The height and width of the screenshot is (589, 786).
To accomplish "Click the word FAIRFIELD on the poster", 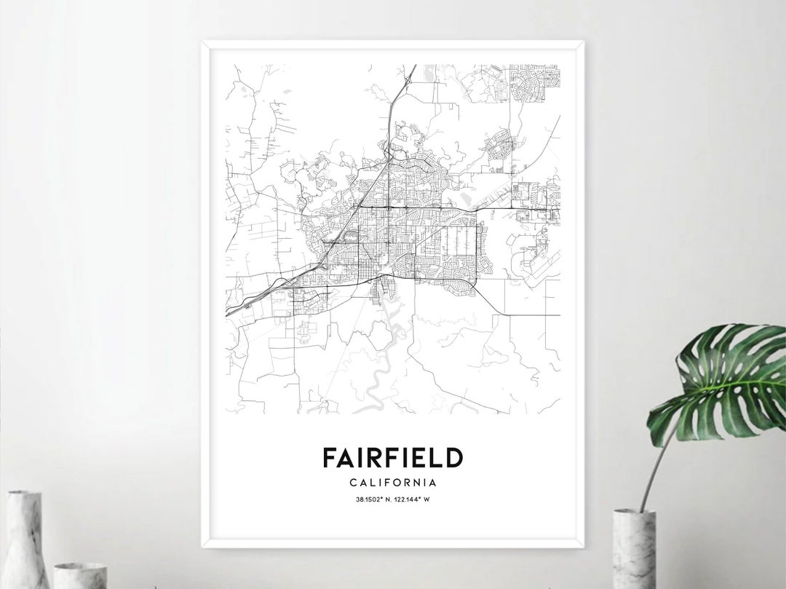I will pos(393,458).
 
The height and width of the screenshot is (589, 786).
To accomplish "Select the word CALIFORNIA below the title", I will pos(393,482).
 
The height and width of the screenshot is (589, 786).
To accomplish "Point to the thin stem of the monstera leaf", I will pos(654,466).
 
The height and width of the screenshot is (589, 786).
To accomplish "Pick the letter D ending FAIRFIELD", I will pos(453,458).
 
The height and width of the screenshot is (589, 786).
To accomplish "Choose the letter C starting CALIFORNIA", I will pos(353,482).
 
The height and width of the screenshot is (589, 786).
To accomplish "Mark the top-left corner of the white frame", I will pos(203,42).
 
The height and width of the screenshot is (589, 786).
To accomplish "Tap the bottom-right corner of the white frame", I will pos(583,548).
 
